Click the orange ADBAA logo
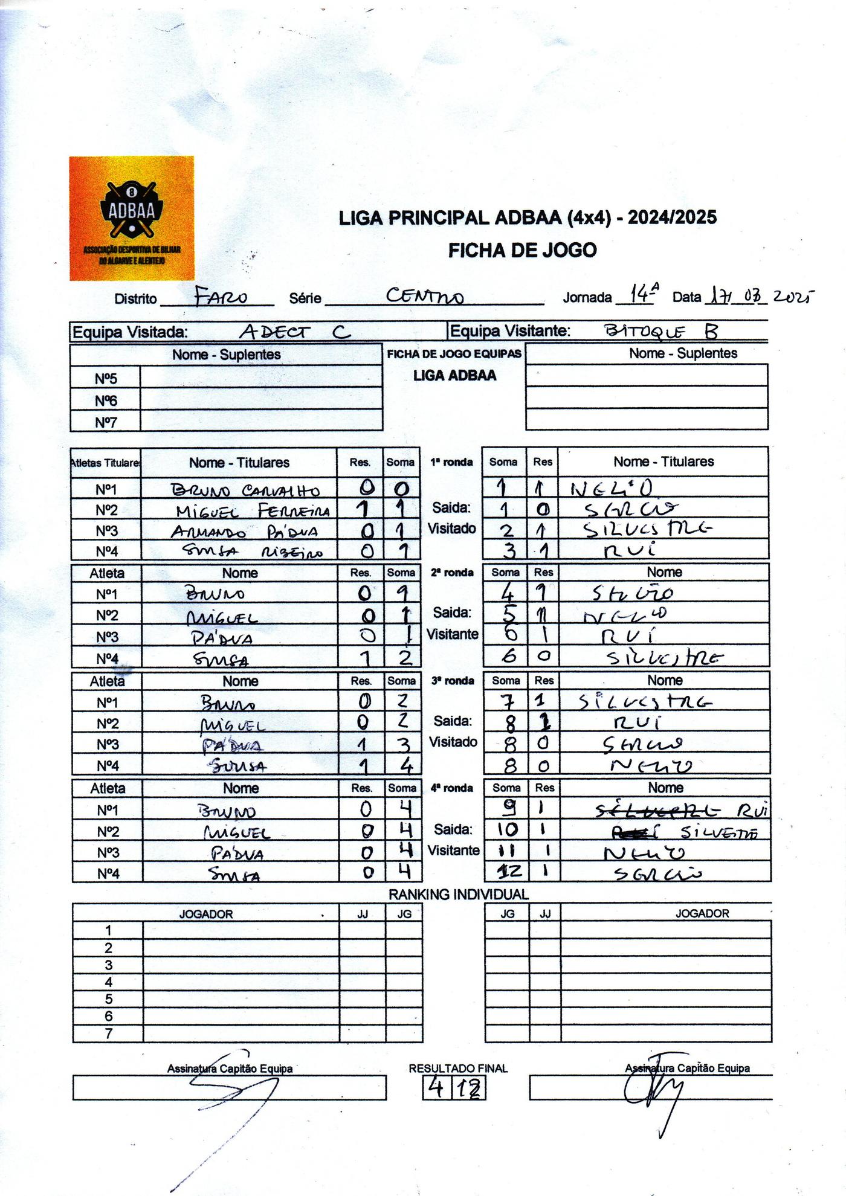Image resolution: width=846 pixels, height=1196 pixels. tap(131, 218)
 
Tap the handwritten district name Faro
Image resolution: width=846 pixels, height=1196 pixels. tap(221, 297)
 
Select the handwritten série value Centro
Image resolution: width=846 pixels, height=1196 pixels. tap(425, 296)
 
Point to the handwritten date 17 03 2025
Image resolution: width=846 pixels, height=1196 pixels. tap(761, 296)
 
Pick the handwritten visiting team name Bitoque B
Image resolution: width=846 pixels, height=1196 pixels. tap(661, 331)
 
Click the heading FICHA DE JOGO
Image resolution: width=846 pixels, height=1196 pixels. tap(522, 250)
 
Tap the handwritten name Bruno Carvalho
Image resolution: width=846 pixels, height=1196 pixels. tap(245, 490)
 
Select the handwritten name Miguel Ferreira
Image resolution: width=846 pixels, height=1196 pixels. tap(253, 512)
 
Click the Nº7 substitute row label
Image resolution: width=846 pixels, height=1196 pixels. tap(106, 422)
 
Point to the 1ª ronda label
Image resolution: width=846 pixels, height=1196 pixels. tap(451, 462)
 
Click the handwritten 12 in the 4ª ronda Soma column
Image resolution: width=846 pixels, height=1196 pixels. tap(509, 872)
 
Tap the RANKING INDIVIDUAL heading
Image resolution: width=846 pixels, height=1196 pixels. tap(458, 895)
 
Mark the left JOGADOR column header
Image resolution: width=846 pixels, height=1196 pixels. tap(205, 914)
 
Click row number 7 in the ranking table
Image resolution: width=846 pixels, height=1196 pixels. tap(109, 1034)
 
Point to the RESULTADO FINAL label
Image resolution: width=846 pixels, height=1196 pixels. tap(458, 1069)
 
